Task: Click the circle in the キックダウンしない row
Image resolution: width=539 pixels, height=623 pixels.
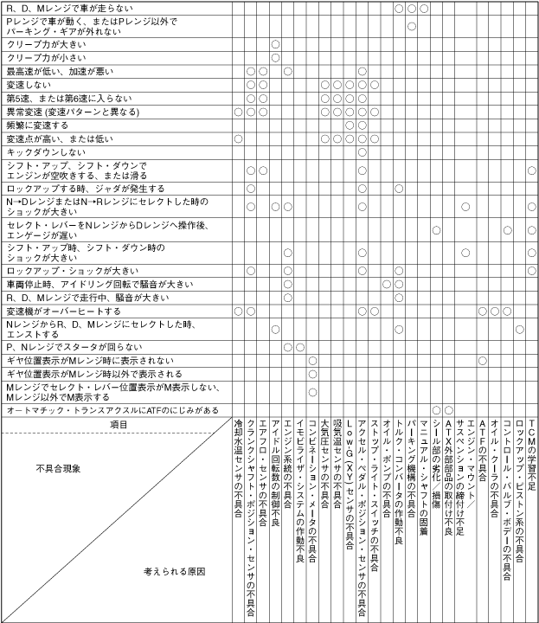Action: [363, 151]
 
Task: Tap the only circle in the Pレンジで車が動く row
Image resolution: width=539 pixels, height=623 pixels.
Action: [412, 26]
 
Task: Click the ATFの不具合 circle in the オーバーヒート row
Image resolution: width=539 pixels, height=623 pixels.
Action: [483, 310]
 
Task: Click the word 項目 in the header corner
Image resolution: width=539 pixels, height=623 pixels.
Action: [119, 425]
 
